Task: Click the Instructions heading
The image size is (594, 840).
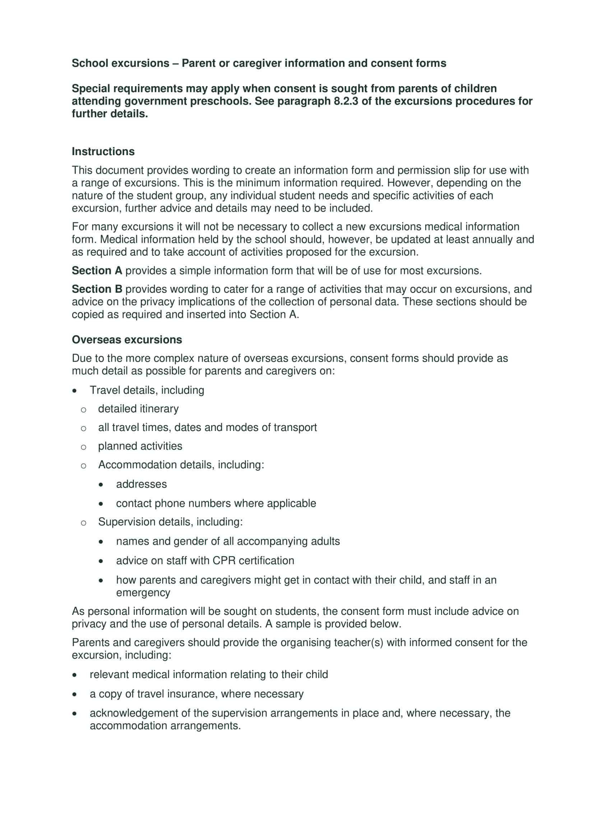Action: coord(103,152)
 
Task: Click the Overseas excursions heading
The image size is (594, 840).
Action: coord(126,339)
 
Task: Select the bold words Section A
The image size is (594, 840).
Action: coord(97,271)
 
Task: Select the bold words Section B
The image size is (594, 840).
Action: coord(97,289)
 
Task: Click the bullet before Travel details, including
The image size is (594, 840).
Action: coord(75,391)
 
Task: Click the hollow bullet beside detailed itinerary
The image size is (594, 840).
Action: coord(83,410)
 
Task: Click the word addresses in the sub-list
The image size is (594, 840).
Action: coord(141,484)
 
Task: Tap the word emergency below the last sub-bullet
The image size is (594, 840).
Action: coord(143,592)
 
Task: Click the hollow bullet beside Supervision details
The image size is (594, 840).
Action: coord(83,523)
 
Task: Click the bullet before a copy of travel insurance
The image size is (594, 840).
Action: coord(75,694)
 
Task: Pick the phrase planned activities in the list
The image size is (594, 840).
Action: coord(140,446)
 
